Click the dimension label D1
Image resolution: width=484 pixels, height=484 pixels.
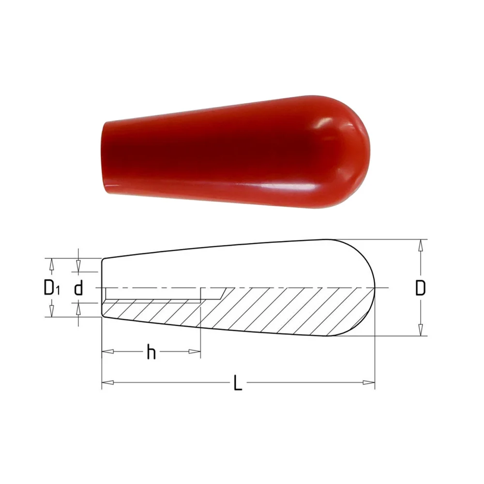tap(51, 288)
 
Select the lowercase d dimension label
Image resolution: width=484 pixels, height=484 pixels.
tap(78, 289)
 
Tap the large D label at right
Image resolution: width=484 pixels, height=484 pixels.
tap(421, 288)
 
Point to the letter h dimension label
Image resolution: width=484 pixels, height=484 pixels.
tap(151, 353)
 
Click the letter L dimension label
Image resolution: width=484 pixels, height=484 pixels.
tap(237, 384)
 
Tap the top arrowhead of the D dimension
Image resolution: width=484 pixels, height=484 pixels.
tap(421, 245)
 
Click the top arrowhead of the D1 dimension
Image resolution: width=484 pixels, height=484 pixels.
tap(51, 263)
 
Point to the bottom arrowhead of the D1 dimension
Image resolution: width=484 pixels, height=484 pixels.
tap(51, 312)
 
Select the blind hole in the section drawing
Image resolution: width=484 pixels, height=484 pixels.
tap(152, 294)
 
